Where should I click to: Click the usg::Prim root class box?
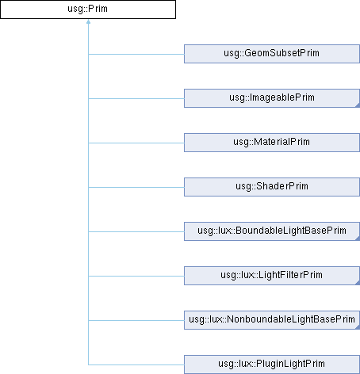click(88, 10)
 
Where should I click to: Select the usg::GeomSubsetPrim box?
click(272, 54)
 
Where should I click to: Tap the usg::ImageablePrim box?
click(272, 98)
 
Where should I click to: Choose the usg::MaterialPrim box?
click(272, 143)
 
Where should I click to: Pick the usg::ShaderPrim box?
click(272, 187)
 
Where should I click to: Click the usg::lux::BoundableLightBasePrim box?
click(272, 231)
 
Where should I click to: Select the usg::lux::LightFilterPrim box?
click(272, 276)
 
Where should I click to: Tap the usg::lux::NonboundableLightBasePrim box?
click(272, 320)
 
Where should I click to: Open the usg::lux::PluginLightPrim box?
click(272, 364)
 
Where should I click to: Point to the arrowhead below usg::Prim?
click(88, 21)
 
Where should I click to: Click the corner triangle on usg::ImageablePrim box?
click(358, 105)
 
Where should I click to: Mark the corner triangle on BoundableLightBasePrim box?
click(358, 239)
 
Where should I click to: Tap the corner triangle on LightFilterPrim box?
click(358, 283)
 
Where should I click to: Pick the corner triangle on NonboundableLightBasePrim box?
click(358, 327)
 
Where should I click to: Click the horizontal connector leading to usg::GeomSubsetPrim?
click(136, 54)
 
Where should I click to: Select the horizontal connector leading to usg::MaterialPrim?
click(136, 143)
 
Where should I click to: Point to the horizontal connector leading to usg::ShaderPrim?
click(136, 187)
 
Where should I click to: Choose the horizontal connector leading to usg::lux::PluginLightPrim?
click(136, 364)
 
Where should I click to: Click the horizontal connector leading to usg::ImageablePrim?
click(136, 98)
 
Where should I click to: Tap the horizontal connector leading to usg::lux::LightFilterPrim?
click(136, 276)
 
